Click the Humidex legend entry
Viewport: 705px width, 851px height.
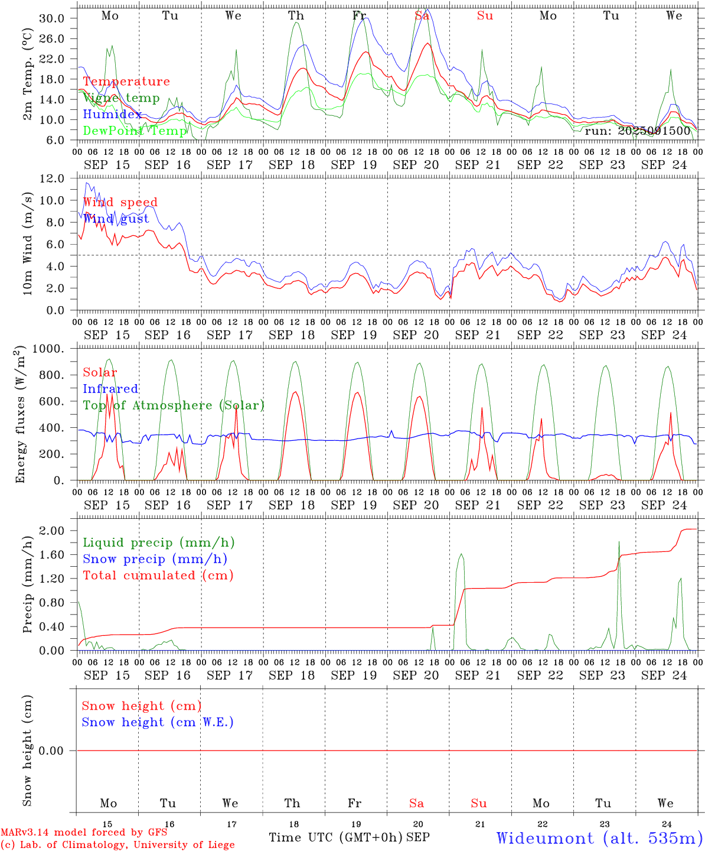(x=112, y=114)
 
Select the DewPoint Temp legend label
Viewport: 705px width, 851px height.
(x=135, y=131)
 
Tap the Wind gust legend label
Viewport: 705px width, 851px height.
(x=116, y=219)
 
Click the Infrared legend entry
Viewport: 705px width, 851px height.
(x=110, y=389)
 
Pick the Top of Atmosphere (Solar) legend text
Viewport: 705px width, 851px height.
(x=174, y=405)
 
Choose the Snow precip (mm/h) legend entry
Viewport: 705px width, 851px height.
(x=155, y=559)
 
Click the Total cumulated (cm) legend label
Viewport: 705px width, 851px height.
(x=158, y=575)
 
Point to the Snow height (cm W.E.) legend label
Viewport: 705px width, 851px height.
(x=158, y=722)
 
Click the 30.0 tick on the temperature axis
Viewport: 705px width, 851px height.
(x=52, y=18)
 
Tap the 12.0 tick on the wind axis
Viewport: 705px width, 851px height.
(x=52, y=178)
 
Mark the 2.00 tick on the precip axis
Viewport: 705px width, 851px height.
(x=52, y=531)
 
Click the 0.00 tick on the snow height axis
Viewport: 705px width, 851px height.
(x=52, y=751)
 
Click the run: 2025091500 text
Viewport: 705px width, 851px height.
(x=637, y=131)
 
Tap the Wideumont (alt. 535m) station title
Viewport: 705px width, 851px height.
(x=599, y=837)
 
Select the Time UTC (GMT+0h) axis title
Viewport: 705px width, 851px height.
(x=336, y=837)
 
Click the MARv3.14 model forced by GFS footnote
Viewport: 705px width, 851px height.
(x=84, y=832)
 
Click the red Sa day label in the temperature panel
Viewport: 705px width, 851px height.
(x=422, y=16)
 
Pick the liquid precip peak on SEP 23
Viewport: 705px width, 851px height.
(x=619, y=541)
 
